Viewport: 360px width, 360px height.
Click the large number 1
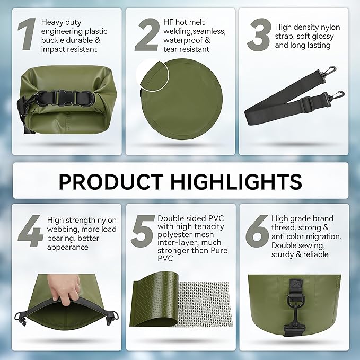pos(27,34)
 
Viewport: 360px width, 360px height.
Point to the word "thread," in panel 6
pos(284,227)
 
